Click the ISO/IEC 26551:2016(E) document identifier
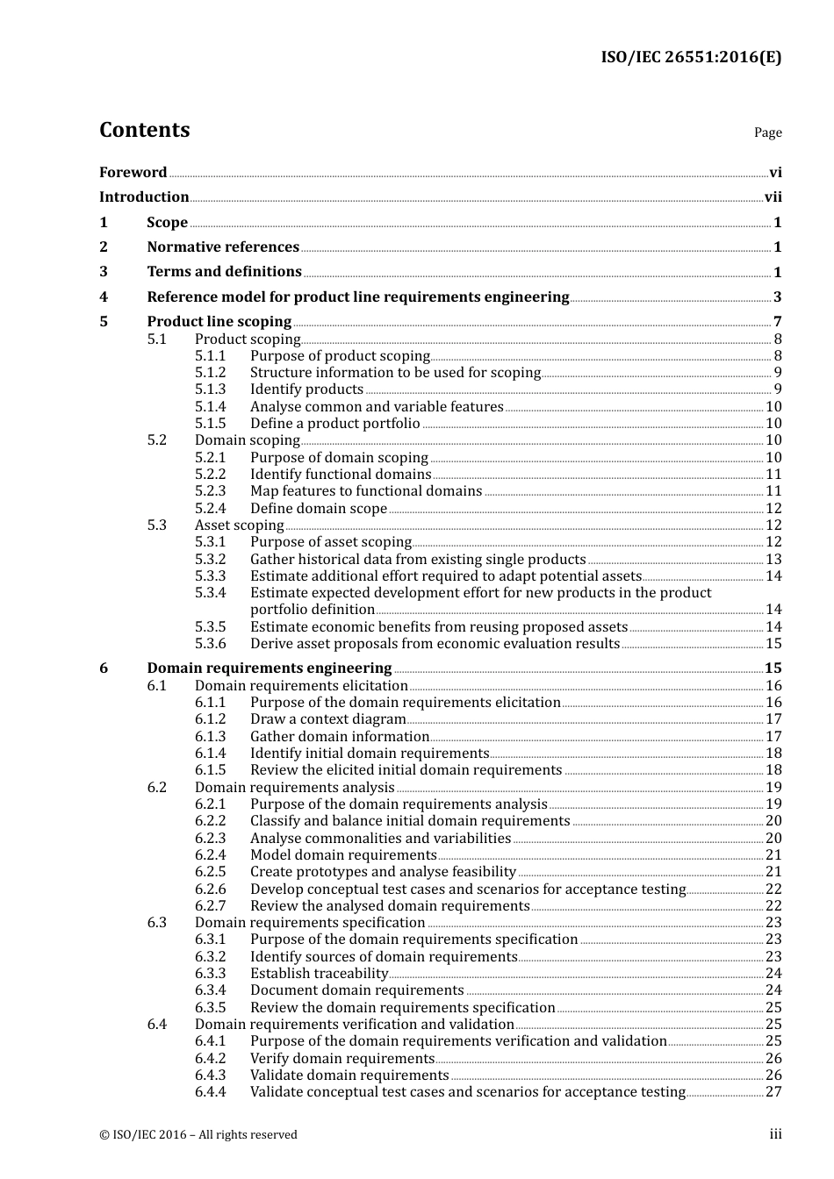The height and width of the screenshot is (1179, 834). (690, 57)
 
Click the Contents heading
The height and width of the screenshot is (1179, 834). (144, 130)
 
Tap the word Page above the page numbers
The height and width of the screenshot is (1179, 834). (767, 132)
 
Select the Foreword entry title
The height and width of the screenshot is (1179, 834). (133, 172)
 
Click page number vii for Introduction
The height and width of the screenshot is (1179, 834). (773, 197)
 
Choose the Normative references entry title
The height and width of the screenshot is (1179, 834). (223, 247)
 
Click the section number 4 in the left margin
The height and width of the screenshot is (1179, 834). (104, 297)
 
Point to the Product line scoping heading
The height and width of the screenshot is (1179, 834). (219, 321)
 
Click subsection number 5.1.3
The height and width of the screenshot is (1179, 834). (210, 389)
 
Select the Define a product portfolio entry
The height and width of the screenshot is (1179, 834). (334, 424)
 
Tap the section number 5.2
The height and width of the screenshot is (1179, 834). (156, 440)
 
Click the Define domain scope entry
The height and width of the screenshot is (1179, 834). (318, 509)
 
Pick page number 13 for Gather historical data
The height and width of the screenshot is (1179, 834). (773, 560)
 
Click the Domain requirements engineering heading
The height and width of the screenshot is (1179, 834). (269, 668)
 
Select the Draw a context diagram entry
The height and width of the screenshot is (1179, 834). (327, 719)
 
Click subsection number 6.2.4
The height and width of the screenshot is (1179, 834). (210, 855)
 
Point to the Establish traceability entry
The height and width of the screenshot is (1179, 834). (319, 974)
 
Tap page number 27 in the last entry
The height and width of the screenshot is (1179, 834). (773, 1092)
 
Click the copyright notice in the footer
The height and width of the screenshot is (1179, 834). (198, 1134)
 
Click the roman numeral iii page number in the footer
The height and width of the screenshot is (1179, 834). (775, 1134)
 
